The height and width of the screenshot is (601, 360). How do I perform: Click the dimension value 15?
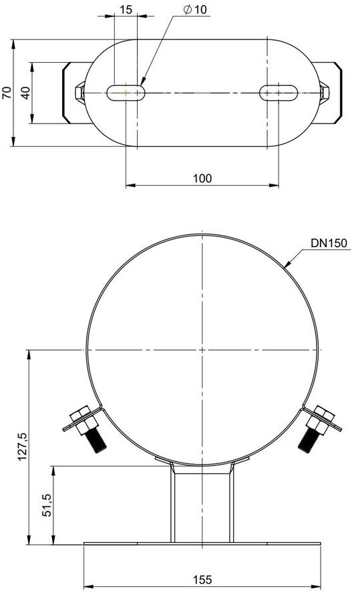[126, 9]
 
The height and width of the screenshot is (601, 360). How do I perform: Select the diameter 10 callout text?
[195, 10]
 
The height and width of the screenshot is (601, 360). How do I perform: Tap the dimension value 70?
[7, 93]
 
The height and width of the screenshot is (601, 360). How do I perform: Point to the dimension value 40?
[25, 93]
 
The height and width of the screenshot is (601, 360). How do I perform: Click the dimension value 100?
[202, 178]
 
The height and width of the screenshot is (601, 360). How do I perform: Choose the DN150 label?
[329, 242]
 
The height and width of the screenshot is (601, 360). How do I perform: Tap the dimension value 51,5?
[47, 506]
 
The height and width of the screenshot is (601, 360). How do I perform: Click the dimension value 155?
[202, 580]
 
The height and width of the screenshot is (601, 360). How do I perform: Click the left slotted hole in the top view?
[126, 93]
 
